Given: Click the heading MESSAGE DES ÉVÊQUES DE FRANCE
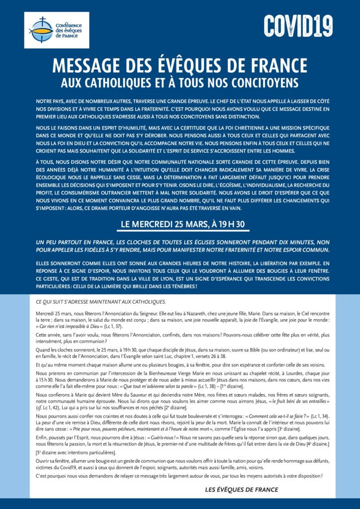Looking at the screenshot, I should point(180,66).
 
